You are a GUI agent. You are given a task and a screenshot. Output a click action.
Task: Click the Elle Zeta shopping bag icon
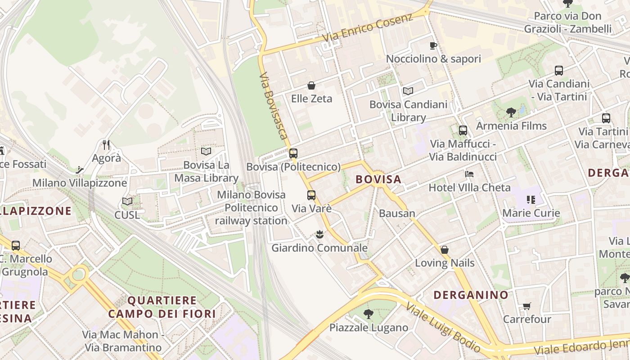click(x=311, y=85)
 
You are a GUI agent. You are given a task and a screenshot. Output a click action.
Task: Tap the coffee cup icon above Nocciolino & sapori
click(x=433, y=45)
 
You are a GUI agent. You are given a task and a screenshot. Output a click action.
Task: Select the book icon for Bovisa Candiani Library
click(x=408, y=91)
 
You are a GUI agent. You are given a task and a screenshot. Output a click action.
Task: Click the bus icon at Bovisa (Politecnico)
click(x=293, y=153)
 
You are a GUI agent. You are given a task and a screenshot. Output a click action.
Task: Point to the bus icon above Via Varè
click(x=311, y=195)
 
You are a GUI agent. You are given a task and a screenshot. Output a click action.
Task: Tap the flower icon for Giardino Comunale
click(x=319, y=234)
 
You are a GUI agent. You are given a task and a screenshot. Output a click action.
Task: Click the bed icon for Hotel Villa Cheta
click(x=469, y=174)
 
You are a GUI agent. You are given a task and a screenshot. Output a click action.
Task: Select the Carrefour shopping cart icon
click(x=526, y=306)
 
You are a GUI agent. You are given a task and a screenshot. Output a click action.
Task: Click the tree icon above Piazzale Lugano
click(x=369, y=314)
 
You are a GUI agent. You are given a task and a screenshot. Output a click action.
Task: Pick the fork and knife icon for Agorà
click(x=106, y=145)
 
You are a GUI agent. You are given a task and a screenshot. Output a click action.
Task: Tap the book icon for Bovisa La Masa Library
click(x=206, y=152)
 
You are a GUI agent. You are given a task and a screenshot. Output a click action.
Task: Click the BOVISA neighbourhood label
click(x=378, y=180)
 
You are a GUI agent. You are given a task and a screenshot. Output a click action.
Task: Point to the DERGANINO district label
click(x=471, y=295)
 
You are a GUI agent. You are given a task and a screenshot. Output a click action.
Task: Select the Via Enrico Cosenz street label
click(x=368, y=28)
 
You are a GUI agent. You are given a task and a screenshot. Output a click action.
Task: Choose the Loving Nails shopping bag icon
click(x=445, y=250)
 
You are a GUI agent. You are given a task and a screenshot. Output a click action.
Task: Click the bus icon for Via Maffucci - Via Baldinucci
click(x=463, y=130)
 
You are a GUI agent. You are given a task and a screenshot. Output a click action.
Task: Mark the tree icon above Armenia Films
click(x=511, y=112)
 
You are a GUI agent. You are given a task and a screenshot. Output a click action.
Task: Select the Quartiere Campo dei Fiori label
click(x=162, y=307)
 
